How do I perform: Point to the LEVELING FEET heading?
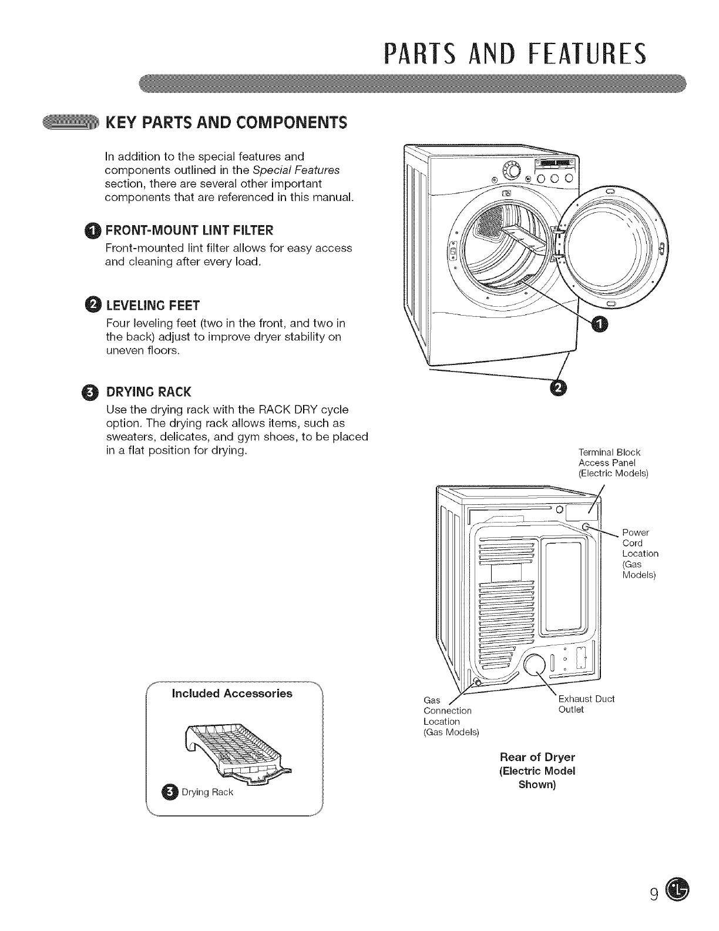pos(153,305)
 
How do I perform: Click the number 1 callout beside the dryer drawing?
pos(600,324)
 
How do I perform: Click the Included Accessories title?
pos(231,694)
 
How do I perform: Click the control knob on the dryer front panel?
pos(512,172)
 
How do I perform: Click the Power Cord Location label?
pos(640,553)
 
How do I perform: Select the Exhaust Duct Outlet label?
pos(585,704)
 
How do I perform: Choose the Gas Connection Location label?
pos(451,716)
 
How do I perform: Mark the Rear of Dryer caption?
pos(537,770)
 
